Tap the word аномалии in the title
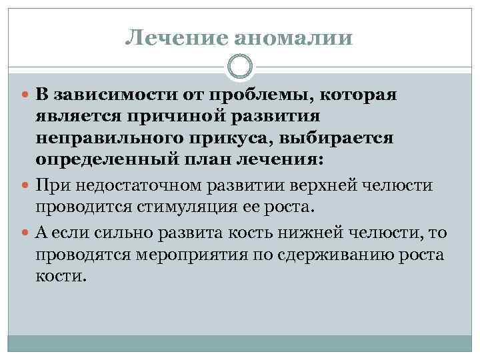tap(293, 39)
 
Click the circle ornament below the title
tap(240, 67)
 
